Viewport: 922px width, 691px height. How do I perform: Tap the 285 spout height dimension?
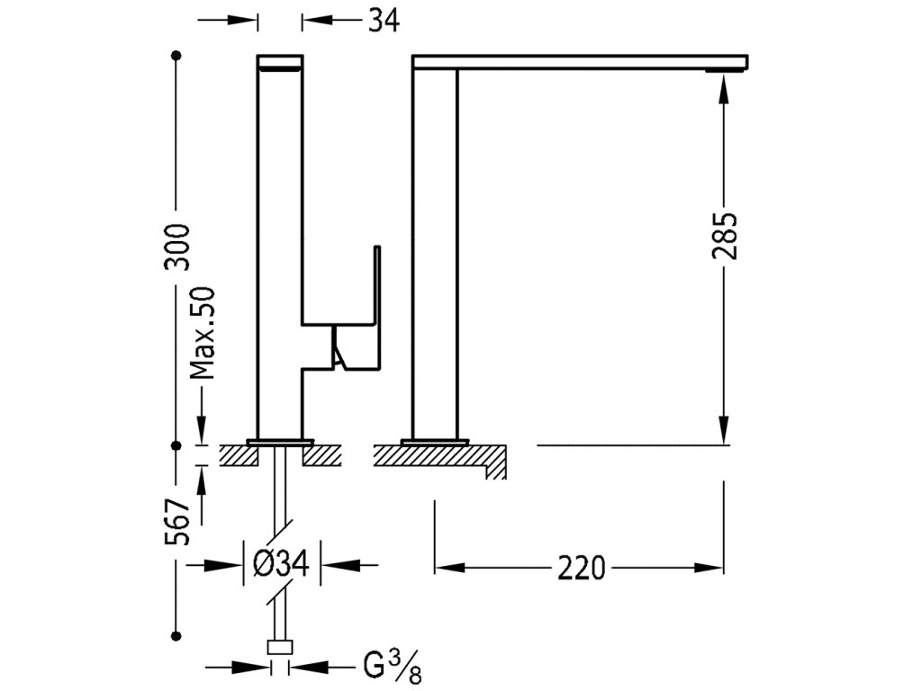click(725, 237)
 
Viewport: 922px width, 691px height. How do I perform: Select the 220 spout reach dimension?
click(581, 568)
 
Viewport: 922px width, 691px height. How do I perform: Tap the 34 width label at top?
click(383, 20)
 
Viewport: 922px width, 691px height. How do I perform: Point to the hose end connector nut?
click(280, 646)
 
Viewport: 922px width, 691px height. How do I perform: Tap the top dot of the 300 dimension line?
click(176, 56)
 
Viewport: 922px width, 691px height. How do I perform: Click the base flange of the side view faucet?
click(436, 442)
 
